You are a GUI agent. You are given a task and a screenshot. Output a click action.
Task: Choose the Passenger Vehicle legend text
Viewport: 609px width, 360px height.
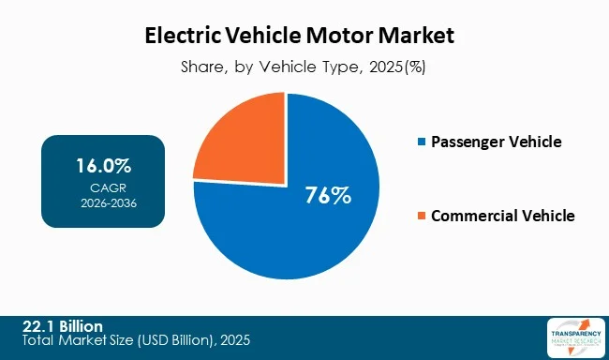(x=496, y=142)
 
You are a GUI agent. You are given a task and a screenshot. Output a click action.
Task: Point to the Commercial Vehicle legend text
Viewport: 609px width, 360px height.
(x=502, y=217)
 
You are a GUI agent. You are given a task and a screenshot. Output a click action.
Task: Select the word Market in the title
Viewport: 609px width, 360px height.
(x=421, y=37)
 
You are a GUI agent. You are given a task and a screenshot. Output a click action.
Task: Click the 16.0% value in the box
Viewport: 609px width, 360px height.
(x=103, y=167)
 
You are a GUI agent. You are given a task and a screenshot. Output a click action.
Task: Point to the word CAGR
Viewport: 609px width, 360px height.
(x=103, y=187)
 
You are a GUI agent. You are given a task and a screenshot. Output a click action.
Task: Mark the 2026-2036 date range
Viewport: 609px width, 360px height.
(x=103, y=201)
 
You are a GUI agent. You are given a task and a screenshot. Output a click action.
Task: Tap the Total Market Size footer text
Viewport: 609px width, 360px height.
(x=136, y=338)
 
